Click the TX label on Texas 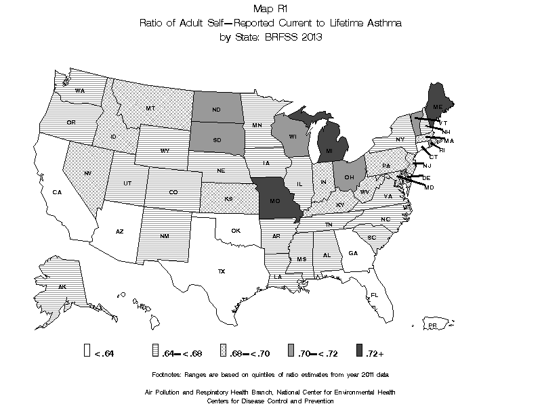pyautogui.click(x=221, y=271)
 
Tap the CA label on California pyautogui.click(x=58, y=192)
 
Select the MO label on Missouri pyautogui.click(x=276, y=201)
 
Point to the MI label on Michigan pyautogui.click(x=329, y=150)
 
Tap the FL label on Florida pyautogui.click(x=374, y=294)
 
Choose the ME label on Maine pyautogui.click(x=438, y=107)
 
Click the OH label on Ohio pyautogui.click(x=349, y=177)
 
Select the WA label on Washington pyautogui.click(x=79, y=91)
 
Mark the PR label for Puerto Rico pyautogui.click(x=432, y=326)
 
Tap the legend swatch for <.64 pyautogui.click(x=87, y=350)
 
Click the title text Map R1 pyautogui.click(x=270, y=9)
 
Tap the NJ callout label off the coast pyautogui.click(x=427, y=165)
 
